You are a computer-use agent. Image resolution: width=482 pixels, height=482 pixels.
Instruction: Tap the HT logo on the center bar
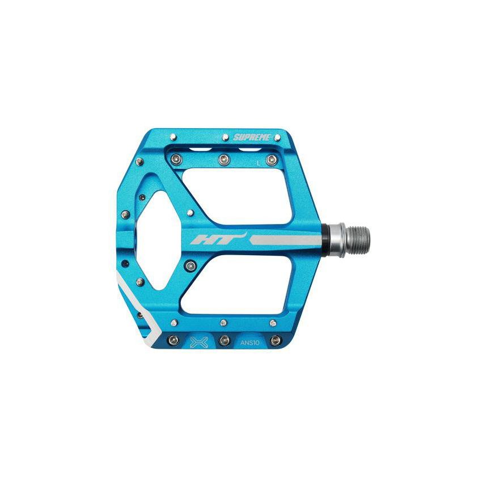click(x=219, y=239)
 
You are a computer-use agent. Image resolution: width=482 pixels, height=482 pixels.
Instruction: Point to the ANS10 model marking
click(x=250, y=343)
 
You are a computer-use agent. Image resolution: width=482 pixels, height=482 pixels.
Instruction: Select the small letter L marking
click(x=259, y=163)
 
